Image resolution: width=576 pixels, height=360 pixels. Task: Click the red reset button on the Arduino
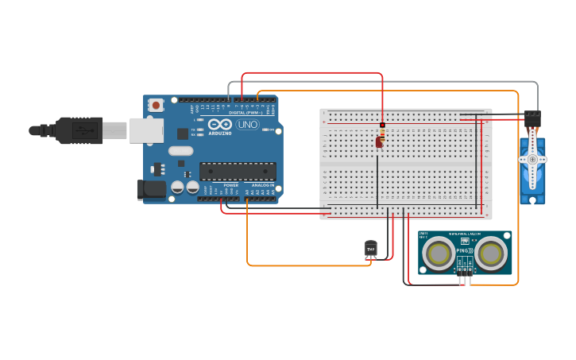(157, 104)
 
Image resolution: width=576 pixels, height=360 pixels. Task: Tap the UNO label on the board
(248, 124)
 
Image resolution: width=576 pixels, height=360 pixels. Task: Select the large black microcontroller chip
(238, 170)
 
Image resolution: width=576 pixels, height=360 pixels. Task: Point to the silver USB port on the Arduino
(147, 130)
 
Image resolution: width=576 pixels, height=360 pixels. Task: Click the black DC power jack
(151, 189)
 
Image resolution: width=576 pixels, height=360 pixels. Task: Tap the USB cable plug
(79, 130)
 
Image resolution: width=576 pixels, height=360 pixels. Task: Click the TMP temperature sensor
(370, 249)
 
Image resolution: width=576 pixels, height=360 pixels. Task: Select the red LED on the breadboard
(379, 142)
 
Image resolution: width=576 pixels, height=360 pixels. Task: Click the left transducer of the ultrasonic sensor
(439, 254)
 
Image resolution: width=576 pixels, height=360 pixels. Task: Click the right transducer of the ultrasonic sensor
(491, 254)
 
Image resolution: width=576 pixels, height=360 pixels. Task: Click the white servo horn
(532, 159)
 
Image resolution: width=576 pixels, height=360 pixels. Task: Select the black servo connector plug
(532, 118)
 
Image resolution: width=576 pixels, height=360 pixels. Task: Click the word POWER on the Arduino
(230, 185)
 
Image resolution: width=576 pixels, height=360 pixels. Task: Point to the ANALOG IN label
(263, 185)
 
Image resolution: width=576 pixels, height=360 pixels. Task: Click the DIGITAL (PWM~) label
(242, 113)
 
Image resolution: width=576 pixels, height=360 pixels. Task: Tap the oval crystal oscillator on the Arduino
(180, 150)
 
